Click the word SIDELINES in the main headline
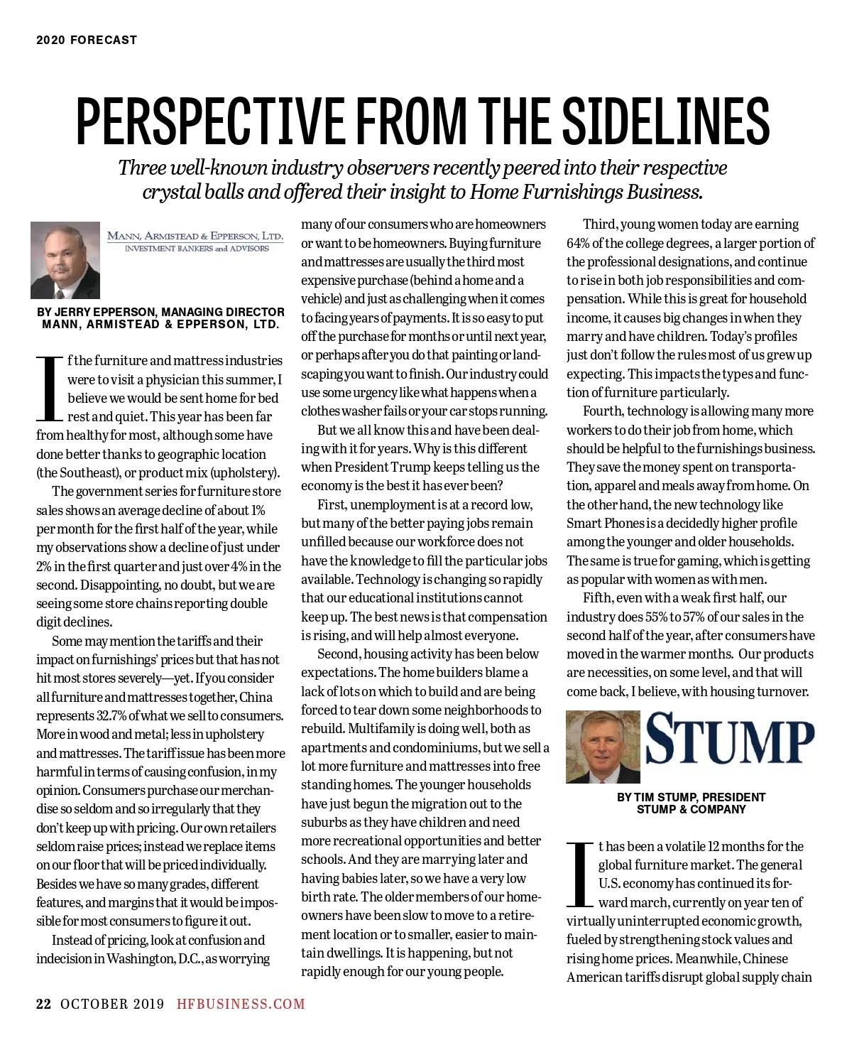[x=667, y=121]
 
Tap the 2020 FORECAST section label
[x=87, y=40]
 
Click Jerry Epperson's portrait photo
[x=65, y=261]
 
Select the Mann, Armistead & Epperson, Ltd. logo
[x=195, y=241]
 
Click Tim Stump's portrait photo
[x=603, y=747]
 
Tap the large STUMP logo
[x=730, y=742]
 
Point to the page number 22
[x=43, y=1004]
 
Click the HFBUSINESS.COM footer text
[x=241, y=1004]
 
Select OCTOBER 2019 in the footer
[x=112, y=1004]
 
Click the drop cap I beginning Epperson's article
[x=50, y=388]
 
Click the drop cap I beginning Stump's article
[x=581, y=874]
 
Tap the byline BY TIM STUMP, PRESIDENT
[x=691, y=797]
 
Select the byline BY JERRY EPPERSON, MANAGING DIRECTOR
[x=160, y=312]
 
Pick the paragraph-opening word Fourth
[x=603, y=411]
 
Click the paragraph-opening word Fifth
[x=598, y=597]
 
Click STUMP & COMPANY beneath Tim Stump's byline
[x=691, y=809]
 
